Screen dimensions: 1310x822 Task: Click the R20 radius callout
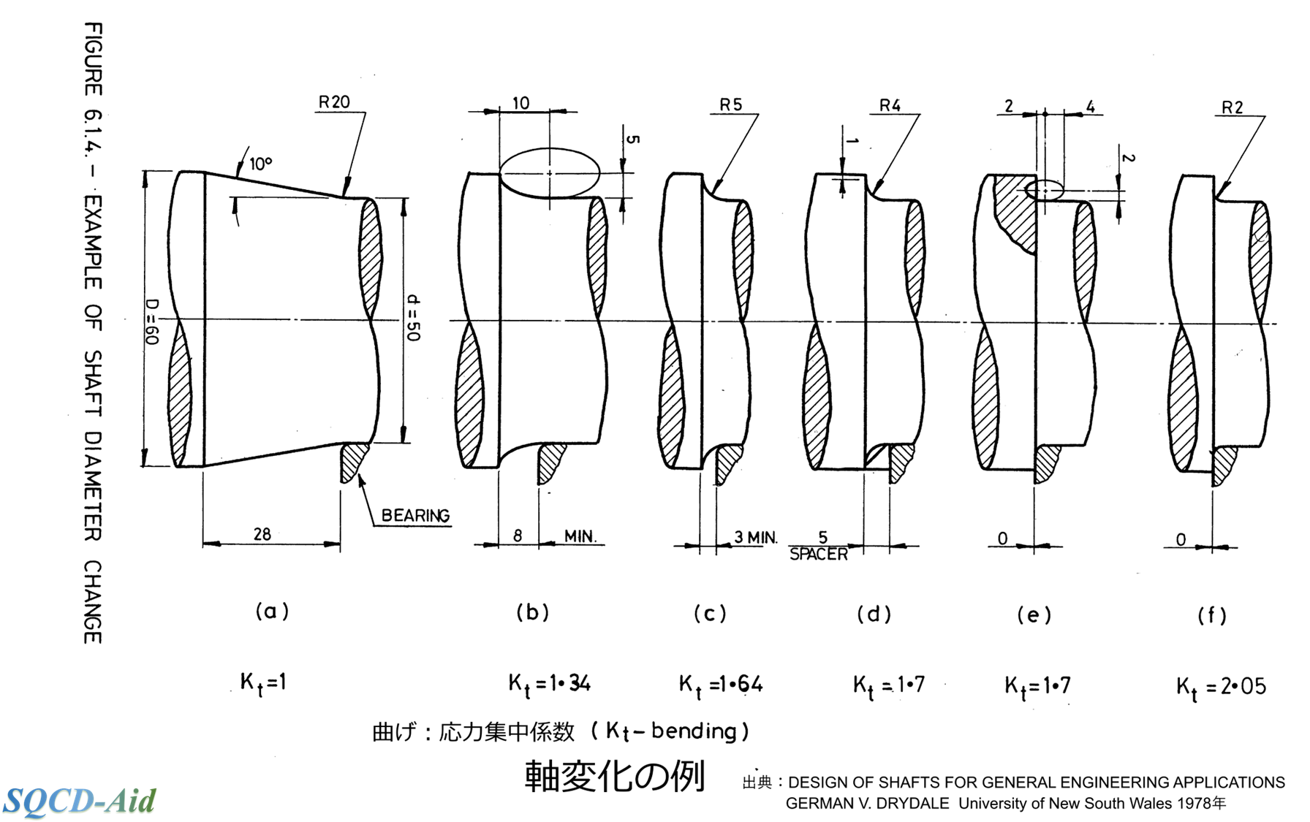(x=334, y=102)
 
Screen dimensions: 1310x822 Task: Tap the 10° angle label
(x=261, y=164)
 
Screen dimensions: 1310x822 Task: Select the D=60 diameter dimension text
(x=151, y=321)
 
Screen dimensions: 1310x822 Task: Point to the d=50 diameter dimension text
(x=413, y=318)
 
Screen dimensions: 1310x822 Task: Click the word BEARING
(x=415, y=516)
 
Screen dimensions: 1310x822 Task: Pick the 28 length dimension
(x=262, y=534)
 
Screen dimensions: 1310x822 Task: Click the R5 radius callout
(x=730, y=105)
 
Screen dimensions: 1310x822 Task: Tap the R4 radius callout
(x=890, y=105)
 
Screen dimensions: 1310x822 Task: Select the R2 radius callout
(x=1232, y=107)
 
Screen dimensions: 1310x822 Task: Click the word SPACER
(x=819, y=555)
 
